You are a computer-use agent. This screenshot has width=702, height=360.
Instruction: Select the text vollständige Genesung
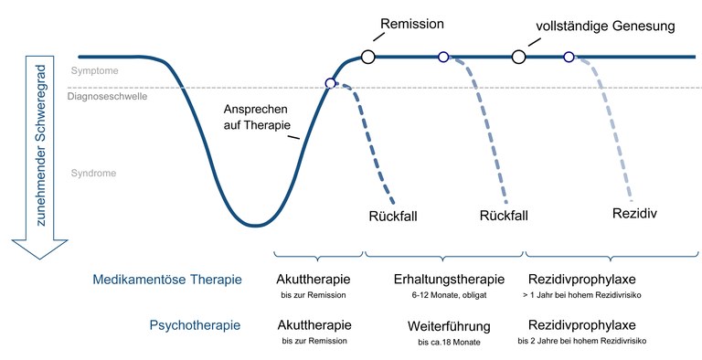click(x=606, y=26)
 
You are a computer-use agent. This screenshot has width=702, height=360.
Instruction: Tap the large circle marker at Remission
click(x=368, y=57)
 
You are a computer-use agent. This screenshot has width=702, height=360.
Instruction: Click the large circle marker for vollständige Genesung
click(x=518, y=57)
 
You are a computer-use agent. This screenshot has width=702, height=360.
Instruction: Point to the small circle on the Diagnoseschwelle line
click(x=331, y=84)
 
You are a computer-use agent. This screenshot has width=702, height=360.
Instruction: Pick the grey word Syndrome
click(x=93, y=173)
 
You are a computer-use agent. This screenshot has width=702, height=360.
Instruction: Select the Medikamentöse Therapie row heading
click(x=167, y=280)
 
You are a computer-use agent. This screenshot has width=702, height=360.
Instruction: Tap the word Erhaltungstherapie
click(x=449, y=280)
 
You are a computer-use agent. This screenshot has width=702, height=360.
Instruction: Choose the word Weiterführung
click(x=449, y=325)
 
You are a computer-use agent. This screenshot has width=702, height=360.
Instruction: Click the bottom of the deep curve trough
click(x=257, y=225)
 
